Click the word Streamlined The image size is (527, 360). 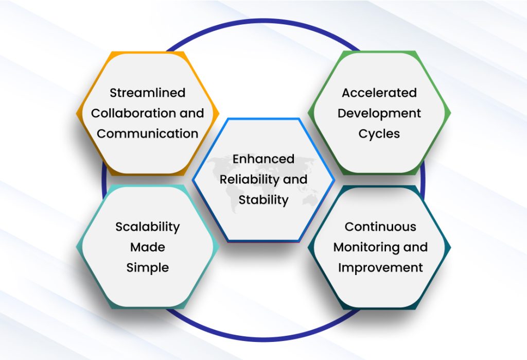tap(147, 93)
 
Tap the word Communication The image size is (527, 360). tap(147, 134)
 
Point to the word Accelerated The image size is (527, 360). tap(379, 93)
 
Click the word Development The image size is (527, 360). tap(379, 113)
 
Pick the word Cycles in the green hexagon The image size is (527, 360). tap(379, 134)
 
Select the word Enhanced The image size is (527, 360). tap(263, 159)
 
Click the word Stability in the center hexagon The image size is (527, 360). tap(263, 200)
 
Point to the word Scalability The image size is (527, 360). tap(147, 227)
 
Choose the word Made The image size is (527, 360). tap(147, 247)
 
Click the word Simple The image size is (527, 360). tap(147, 268)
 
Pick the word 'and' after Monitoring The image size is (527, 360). tap(415, 247)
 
